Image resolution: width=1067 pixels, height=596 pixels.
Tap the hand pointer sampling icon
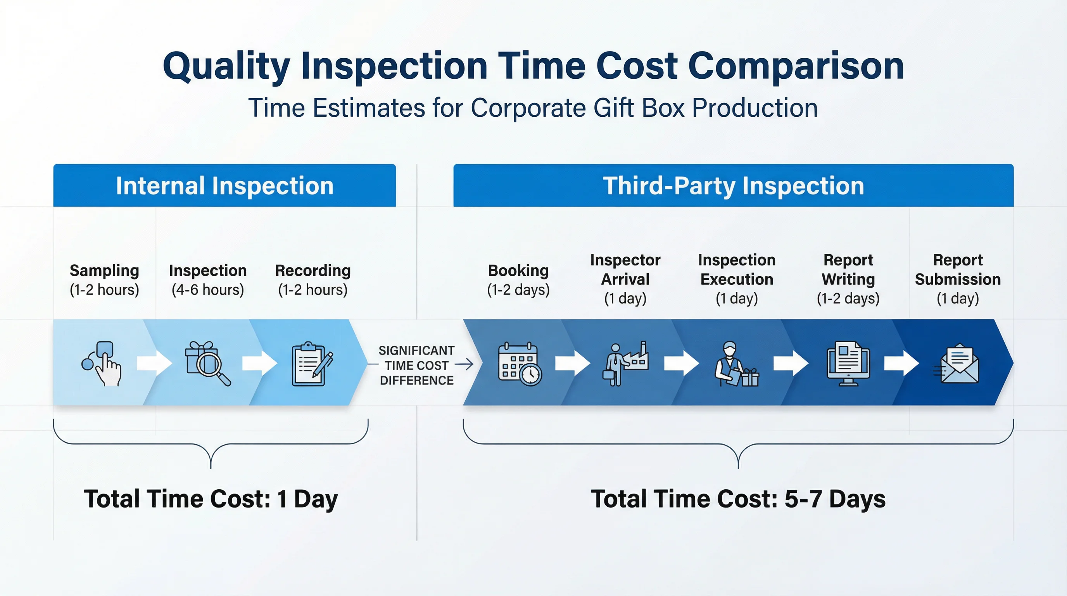click(x=103, y=364)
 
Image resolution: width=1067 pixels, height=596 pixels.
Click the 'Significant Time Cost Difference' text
click(x=416, y=365)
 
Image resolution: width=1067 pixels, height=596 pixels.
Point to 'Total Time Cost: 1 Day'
click(x=211, y=499)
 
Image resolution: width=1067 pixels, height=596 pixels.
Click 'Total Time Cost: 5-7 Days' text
click(x=738, y=499)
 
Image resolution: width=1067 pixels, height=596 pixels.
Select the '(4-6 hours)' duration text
click(x=207, y=290)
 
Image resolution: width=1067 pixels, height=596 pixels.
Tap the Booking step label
click(x=518, y=271)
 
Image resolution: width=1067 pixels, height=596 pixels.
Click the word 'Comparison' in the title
click(x=796, y=66)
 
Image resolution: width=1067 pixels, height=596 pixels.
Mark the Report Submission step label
click(x=958, y=270)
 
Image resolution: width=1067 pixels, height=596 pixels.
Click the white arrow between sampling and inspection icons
click(x=154, y=364)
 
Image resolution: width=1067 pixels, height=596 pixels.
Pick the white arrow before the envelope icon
click(x=901, y=364)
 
